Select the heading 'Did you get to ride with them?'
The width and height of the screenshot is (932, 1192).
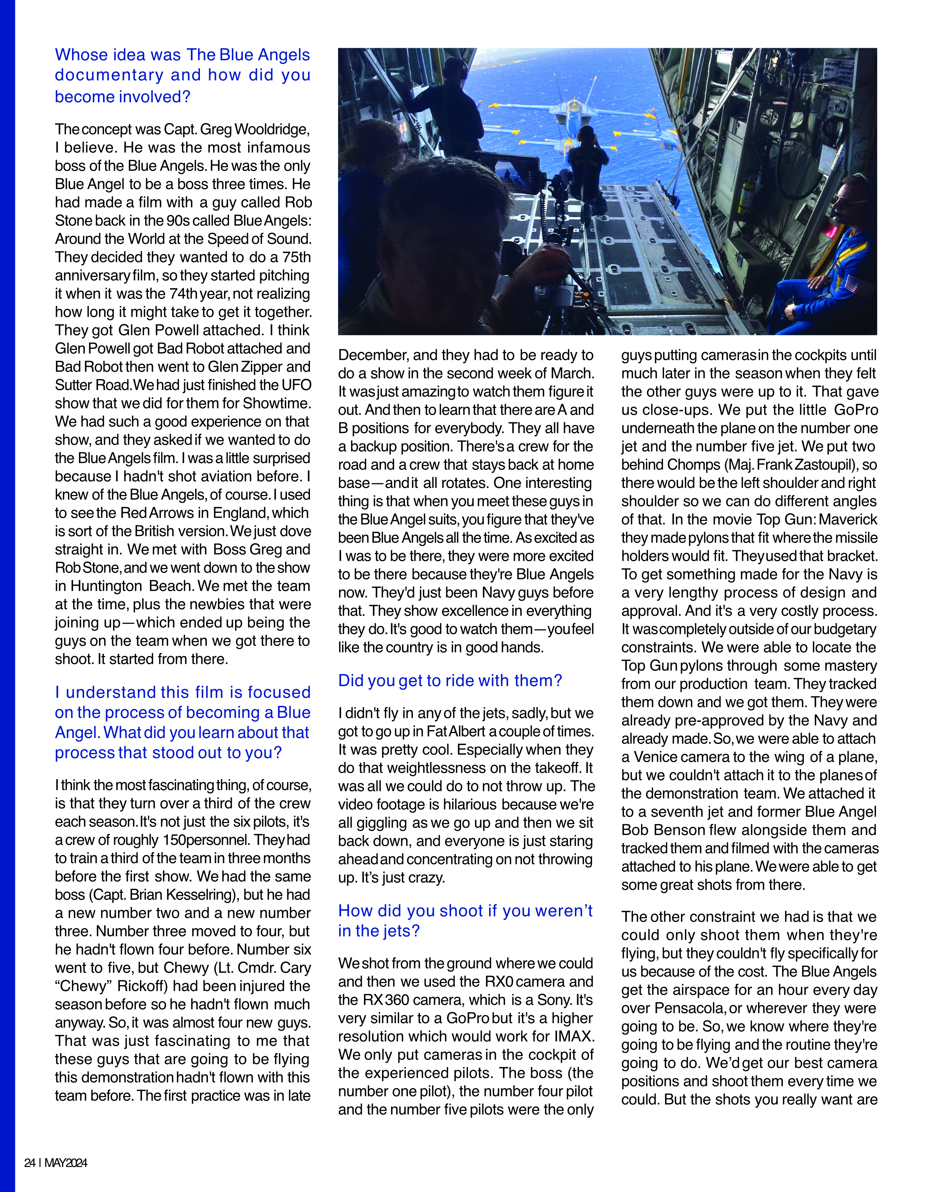450,681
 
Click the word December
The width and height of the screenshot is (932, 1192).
373,355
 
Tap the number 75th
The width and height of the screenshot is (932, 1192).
296,257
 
